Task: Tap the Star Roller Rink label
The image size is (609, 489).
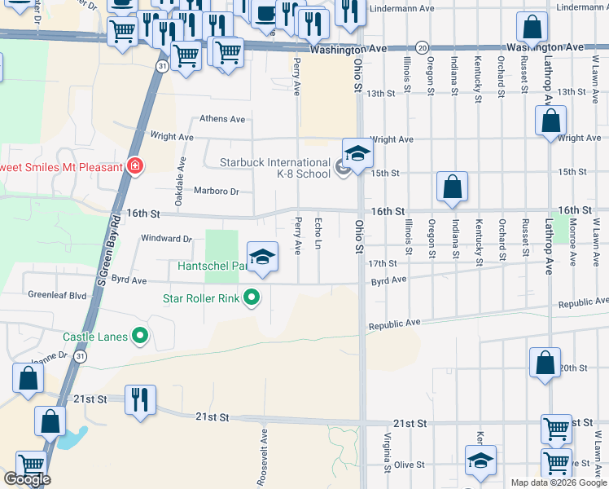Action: click(200, 298)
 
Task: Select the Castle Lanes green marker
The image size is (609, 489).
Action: click(140, 334)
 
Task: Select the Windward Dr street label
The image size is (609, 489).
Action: click(166, 240)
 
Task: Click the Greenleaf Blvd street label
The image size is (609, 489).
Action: click(57, 294)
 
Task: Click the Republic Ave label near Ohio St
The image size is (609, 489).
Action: click(394, 324)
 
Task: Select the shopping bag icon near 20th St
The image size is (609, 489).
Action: click(545, 363)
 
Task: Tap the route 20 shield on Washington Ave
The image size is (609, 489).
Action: click(421, 48)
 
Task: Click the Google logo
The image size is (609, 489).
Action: click(27, 479)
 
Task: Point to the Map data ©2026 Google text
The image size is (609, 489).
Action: click(558, 482)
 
